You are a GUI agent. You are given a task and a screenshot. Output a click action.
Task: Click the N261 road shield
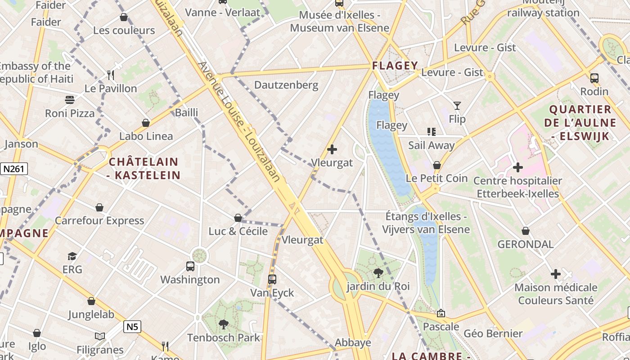14,169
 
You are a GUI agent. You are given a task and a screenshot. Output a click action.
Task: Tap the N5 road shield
132,327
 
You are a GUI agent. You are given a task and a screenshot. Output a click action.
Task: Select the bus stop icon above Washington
190,266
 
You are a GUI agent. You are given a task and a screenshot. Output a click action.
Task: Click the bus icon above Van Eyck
272,279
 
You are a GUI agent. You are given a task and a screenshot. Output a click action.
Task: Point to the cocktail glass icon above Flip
457,106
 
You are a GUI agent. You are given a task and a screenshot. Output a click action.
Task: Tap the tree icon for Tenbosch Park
223,324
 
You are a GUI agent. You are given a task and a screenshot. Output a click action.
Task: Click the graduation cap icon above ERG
72,256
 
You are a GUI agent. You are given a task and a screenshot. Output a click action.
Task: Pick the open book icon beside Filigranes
100,337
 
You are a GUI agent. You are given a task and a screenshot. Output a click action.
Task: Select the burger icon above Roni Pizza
70,99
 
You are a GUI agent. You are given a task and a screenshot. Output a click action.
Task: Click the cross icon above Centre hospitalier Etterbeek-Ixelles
518,167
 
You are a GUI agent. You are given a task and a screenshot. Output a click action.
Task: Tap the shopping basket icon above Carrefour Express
99,207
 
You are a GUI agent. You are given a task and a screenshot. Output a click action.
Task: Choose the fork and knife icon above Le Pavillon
111,75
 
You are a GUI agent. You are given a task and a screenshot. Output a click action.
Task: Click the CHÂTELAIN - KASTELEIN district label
144,168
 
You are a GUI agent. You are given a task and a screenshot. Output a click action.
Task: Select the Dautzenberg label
286,85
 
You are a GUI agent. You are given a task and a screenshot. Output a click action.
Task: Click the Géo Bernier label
493,333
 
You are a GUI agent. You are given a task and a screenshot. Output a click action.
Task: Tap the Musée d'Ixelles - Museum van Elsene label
339,21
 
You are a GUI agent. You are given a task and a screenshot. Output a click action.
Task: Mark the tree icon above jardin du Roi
378,273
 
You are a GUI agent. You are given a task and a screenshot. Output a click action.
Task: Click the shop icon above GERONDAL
525,231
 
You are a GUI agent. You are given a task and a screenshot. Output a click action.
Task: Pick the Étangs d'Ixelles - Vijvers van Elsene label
426,223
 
